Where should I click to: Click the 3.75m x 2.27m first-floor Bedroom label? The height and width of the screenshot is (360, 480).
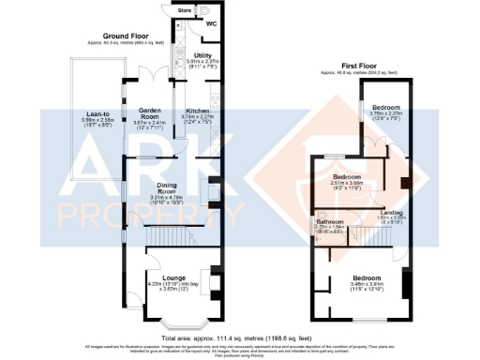click(x=383, y=108)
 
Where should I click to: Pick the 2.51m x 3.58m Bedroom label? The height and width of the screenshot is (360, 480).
click(x=346, y=176)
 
